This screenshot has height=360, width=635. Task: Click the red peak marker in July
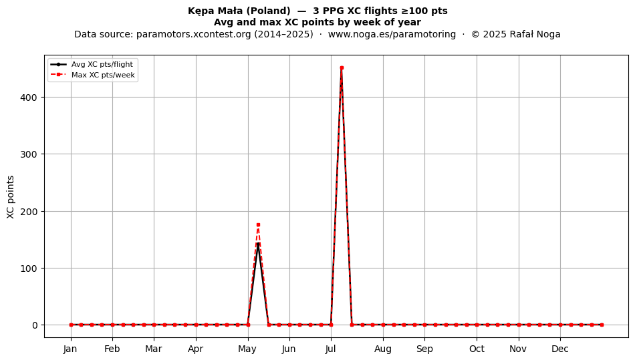tap(342, 68)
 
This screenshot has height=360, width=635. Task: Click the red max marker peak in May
tap(258, 225)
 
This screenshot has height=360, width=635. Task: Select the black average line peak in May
tap(258, 244)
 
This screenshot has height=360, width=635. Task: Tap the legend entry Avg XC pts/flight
tap(102, 64)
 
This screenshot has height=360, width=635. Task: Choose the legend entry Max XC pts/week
tap(103, 75)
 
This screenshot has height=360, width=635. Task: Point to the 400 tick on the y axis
tap(29, 98)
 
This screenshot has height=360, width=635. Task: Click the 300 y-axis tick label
tap(29, 154)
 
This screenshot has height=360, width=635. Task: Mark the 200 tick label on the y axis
tap(29, 212)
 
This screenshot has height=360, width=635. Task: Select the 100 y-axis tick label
tap(29, 268)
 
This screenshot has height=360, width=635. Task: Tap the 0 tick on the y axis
tap(35, 325)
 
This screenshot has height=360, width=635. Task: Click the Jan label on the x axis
tap(70, 349)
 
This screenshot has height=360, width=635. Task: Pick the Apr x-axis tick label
tap(196, 349)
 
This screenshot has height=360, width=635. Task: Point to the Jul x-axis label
tap(331, 349)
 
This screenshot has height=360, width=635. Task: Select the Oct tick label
tap(477, 349)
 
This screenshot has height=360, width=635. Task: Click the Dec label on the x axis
tap(560, 349)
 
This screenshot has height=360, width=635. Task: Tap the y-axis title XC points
tap(11, 197)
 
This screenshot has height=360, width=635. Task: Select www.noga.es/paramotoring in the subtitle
tap(392, 34)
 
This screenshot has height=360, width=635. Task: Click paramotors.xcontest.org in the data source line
tap(194, 34)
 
